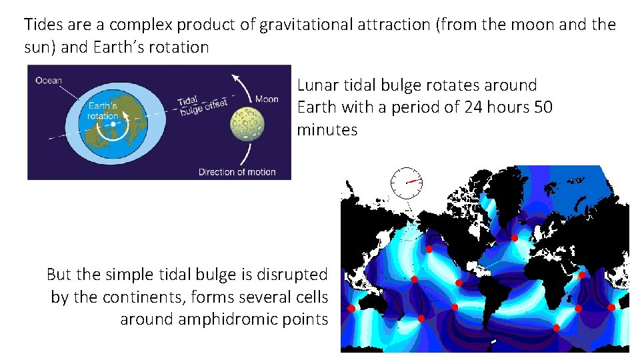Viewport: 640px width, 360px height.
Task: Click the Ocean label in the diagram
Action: coord(48,81)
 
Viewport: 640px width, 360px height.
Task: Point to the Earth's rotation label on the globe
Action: coord(103,111)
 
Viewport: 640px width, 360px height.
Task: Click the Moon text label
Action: coord(267,99)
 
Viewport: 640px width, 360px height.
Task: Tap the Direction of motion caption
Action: coord(237,172)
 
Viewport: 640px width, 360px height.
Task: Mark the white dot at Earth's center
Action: coord(114,124)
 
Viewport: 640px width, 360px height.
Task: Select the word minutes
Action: coord(327,129)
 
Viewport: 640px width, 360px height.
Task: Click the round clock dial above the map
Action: coord(407,182)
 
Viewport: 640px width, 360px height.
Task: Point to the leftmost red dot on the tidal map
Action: coord(351,309)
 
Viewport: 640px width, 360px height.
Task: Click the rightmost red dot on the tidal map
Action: coord(611,307)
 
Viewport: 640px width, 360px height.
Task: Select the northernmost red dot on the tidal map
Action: coord(514,238)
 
